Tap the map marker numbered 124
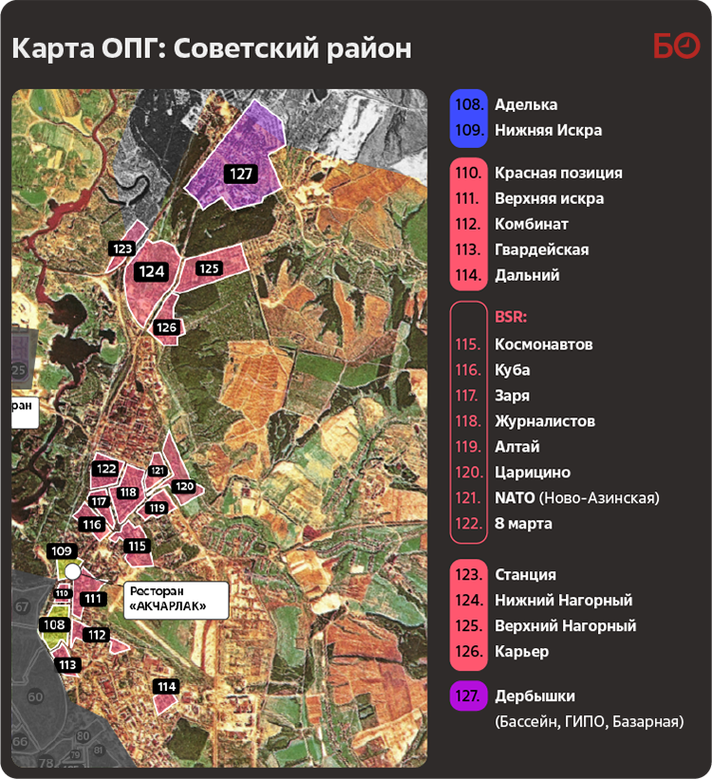(152, 271)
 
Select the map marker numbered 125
(209, 269)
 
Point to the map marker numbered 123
(122, 249)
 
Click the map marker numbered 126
(167, 327)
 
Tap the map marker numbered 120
(184, 487)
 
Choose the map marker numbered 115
(138, 546)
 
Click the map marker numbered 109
(62, 551)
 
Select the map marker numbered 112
(96, 635)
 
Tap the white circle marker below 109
(72, 571)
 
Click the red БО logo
(676, 46)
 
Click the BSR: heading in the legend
(511, 318)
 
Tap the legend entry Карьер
(521, 651)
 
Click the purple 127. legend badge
(468, 696)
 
